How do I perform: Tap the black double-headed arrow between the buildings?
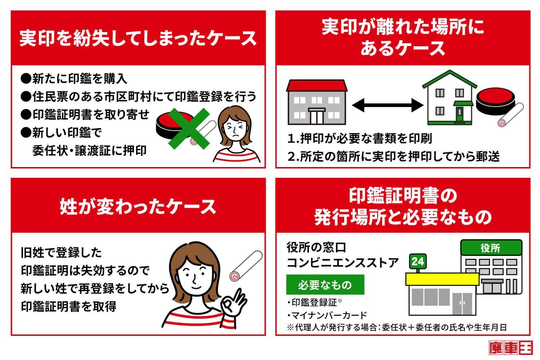point(387,105)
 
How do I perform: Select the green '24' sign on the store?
point(418,261)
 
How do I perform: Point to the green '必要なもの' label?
point(325,285)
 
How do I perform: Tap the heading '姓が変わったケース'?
point(138,207)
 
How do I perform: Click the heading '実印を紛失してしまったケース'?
point(138,38)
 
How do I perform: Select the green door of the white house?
point(459,115)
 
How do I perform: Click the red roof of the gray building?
point(317,86)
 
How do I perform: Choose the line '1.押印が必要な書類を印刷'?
point(359,138)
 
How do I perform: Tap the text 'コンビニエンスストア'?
point(342,263)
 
